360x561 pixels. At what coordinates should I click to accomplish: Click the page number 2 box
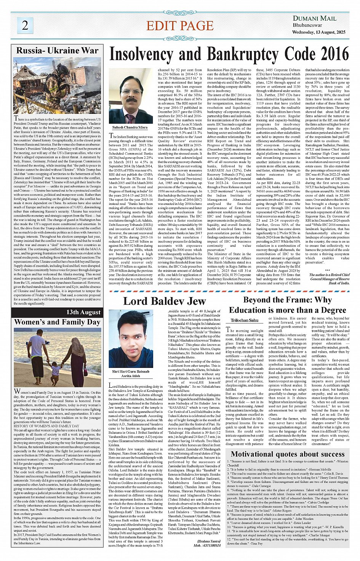pyautogui.click(x=25, y=25)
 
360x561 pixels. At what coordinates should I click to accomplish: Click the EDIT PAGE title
pyautogui.click(x=180, y=26)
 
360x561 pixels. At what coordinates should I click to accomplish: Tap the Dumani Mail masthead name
pyautogui.click(x=314, y=18)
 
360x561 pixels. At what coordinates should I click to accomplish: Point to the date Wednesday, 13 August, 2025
pyautogui.click(x=319, y=32)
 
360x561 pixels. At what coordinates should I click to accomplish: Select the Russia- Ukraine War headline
pyautogui.click(x=57, y=51)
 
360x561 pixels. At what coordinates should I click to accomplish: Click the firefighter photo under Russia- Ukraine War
pyautogui.click(x=57, y=85)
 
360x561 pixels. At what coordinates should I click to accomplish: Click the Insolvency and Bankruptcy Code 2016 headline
pyautogui.click(x=229, y=55)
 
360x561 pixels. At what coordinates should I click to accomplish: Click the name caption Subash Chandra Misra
pyautogui.click(x=130, y=128)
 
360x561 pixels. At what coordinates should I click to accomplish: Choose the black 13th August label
pyautogui.click(x=83, y=312)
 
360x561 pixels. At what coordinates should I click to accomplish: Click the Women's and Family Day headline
pyautogui.click(x=57, y=322)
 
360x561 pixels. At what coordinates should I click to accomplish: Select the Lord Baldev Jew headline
pyautogui.click(x=164, y=301)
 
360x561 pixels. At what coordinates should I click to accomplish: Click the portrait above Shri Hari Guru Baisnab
pyautogui.click(x=131, y=345)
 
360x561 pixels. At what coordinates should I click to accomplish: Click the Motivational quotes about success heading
pyautogui.click(x=288, y=454)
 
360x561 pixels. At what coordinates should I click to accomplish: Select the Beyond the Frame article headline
pyautogui.click(x=287, y=305)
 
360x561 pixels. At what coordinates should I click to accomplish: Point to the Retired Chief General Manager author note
pyautogui.click(x=330, y=279)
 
